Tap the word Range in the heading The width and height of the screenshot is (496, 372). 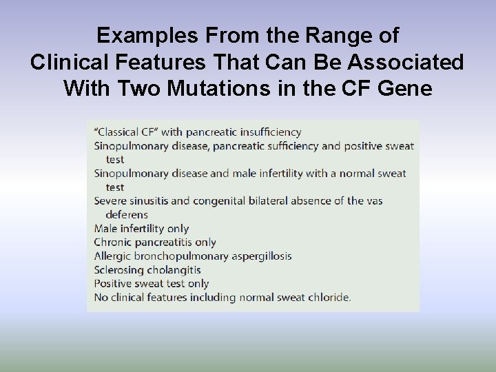328,35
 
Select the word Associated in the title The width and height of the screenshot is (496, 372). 406,62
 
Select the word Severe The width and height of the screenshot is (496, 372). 111,200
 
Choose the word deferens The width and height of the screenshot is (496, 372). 127,214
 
